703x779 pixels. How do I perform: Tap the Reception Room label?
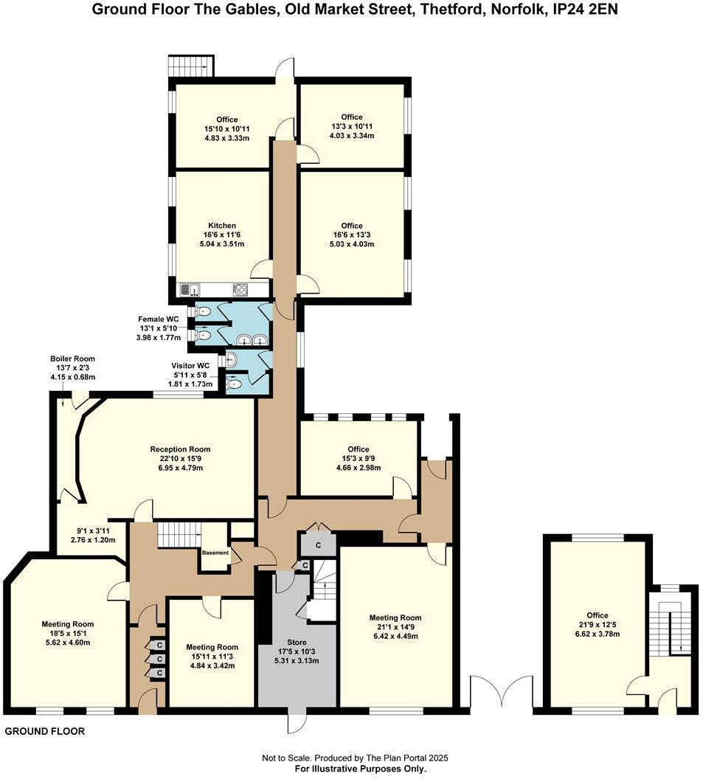[x=180, y=449]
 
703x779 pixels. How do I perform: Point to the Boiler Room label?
[x=72, y=359]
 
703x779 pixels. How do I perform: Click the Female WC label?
[x=159, y=319]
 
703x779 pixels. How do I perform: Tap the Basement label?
[x=215, y=553]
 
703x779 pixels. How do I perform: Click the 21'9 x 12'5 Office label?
[x=598, y=615]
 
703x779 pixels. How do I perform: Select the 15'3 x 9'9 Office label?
[x=359, y=449]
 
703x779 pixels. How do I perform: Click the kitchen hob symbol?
[x=240, y=290]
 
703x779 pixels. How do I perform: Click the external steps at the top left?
[x=191, y=66]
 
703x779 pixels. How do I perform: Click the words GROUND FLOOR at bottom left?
[x=45, y=732]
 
